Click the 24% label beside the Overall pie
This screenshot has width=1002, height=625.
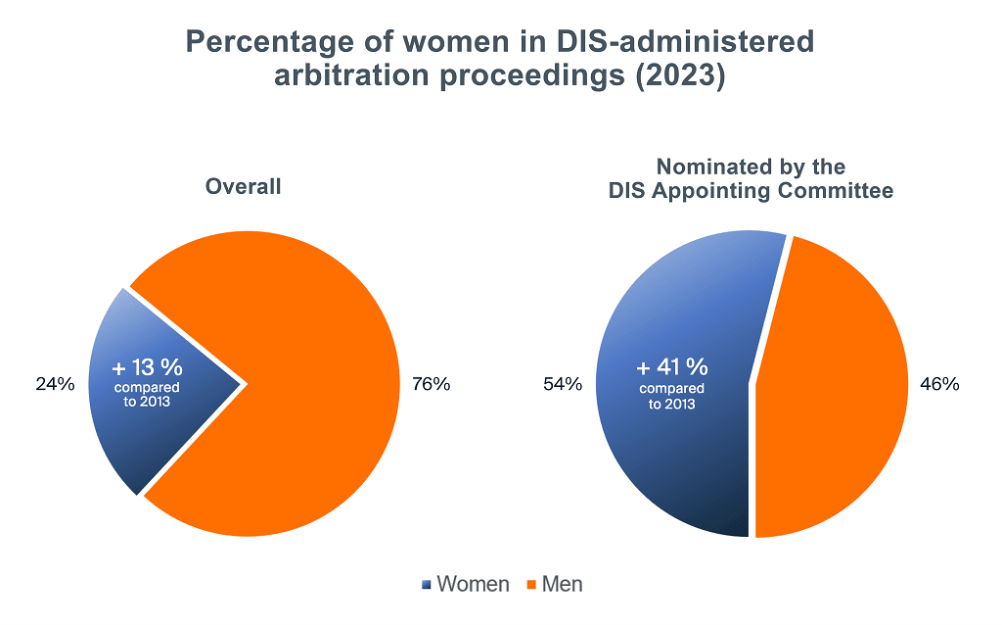click(x=56, y=384)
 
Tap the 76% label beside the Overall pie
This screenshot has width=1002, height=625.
click(x=432, y=384)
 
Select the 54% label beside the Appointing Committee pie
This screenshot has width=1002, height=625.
click(x=563, y=384)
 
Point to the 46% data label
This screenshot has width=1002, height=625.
click(x=939, y=384)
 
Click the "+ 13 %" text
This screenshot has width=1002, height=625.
click(x=148, y=368)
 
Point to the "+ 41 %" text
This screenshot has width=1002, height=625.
click(x=671, y=367)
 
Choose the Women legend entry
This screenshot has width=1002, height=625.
click(x=473, y=585)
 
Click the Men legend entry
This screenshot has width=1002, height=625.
click(x=562, y=585)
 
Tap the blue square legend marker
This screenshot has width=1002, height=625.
click(x=427, y=586)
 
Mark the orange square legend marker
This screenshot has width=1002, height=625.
click(x=531, y=586)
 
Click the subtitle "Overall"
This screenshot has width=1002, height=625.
click(x=243, y=186)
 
